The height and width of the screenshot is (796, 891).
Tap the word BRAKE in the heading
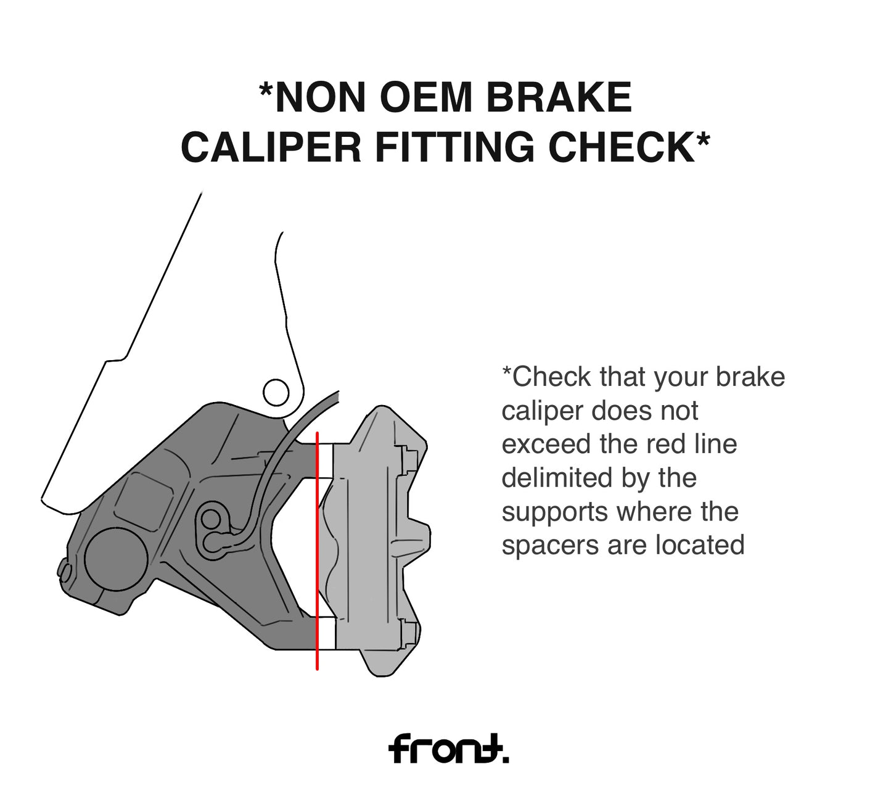[x=559, y=97]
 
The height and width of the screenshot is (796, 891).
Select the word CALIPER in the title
[x=271, y=147]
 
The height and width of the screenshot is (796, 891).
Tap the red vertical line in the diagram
[x=317, y=551]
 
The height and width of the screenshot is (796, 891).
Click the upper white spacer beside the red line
[x=326, y=461]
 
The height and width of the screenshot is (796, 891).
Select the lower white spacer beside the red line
[x=327, y=633]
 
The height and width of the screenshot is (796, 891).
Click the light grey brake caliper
[x=374, y=541]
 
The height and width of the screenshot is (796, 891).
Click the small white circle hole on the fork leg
[x=276, y=392]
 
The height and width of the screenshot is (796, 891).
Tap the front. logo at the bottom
[x=448, y=748]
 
